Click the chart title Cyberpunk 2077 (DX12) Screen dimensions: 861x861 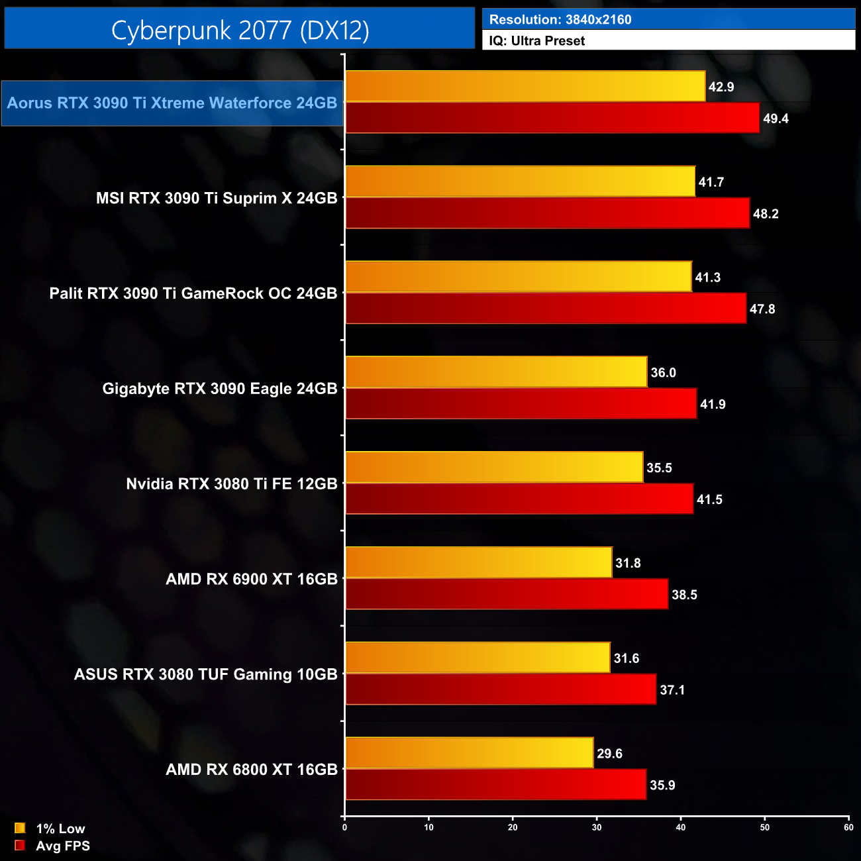click(240, 30)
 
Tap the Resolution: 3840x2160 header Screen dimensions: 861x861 click(560, 19)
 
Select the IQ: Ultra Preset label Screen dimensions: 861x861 click(536, 41)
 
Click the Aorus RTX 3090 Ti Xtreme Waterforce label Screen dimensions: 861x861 click(172, 103)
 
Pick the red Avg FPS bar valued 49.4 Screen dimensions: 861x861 click(552, 118)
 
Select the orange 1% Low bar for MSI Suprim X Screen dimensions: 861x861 click(520, 181)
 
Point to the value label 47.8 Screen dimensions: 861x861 click(762, 309)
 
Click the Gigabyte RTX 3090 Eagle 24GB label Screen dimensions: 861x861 click(220, 389)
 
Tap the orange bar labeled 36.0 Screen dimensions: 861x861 click(496, 372)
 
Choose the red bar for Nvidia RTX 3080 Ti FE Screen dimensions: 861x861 click(519, 499)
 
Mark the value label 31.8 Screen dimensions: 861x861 click(628, 564)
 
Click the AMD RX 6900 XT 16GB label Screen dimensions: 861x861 click(252, 580)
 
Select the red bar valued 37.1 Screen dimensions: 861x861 click(501, 689)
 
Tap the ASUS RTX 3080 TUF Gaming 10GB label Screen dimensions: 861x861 click(206, 675)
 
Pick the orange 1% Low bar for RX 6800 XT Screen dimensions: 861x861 click(469, 753)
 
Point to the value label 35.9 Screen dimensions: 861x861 click(662, 785)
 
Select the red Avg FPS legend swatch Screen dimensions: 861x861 click(20, 846)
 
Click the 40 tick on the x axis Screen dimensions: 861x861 click(681, 827)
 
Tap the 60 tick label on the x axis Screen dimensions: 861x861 click(848, 827)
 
